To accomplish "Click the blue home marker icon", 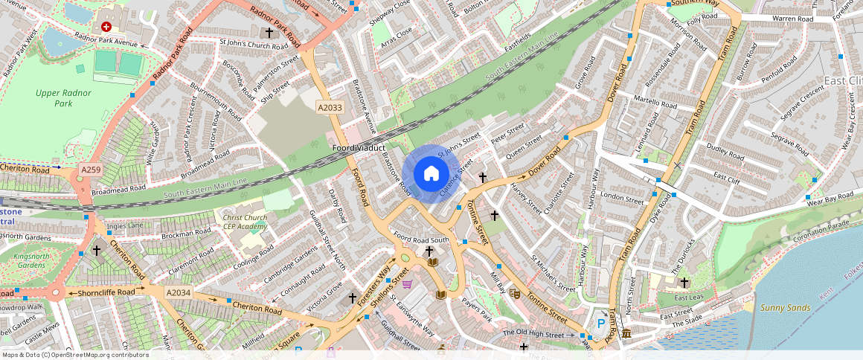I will pyautogui.click(x=431, y=174).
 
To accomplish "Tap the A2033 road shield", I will pyautogui.click(x=330, y=108).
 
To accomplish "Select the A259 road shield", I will pyautogui.click(x=91, y=170).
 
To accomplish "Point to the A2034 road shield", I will pyautogui.click(x=179, y=292).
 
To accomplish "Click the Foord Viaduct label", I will pyautogui.click(x=359, y=149).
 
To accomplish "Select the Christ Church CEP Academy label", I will pyautogui.click(x=244, y=222).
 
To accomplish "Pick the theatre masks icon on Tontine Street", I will pyautogui.click(x=514, y=293).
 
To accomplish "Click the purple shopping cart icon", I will pyautogui.click(x=407, y=283).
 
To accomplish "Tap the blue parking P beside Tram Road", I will pyautogui.click(x=601, y=324).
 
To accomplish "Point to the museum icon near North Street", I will pyautogui.click(x=627, y=332).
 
